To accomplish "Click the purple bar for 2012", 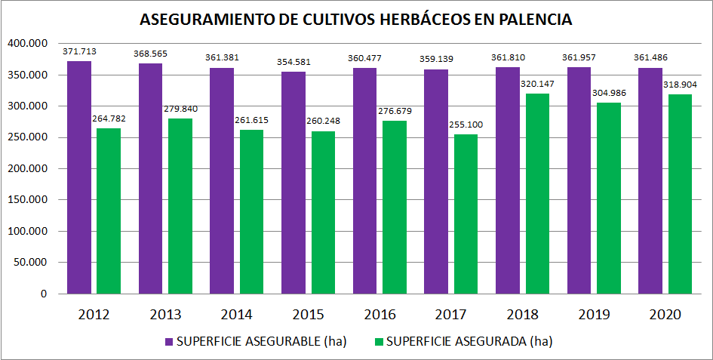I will (x=78, y=177).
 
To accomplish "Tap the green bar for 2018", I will (x=537, y=192).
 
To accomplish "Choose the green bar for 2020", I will (x=680, y=193).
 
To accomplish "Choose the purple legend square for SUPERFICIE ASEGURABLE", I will (x=169, y=342).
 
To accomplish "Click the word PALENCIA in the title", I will (x=533, y=20).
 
